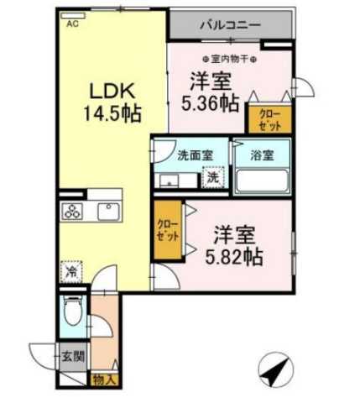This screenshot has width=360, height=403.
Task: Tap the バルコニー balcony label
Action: coord(229,25)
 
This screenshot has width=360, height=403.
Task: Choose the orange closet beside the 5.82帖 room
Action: coord(168,231)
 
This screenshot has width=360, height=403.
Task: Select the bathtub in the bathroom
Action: coord(261,181)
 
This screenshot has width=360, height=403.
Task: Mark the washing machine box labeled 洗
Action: coord(213,179)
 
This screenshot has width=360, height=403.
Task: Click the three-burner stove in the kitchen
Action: coord(74,212)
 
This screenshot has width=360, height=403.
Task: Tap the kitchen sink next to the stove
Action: coord(107,211)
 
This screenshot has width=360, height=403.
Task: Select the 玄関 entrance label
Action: coord(72,356)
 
